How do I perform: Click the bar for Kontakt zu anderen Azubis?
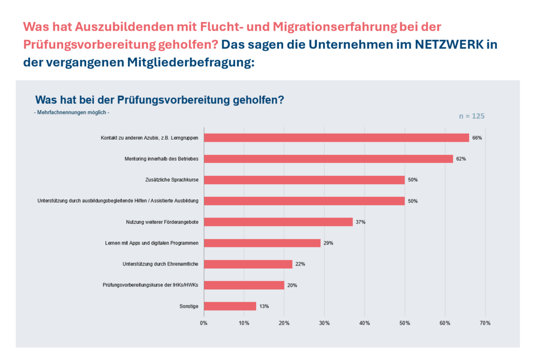point(336,138)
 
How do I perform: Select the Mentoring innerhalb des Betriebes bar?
point(328,159)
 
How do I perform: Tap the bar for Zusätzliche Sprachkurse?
point(304,180)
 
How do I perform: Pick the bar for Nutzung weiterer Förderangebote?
point(278,222)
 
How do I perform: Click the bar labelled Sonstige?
point(230,306)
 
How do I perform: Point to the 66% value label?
point(477,138)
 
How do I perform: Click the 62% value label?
point(461,159)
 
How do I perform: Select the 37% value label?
point(360,222)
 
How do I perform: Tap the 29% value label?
point(328,243)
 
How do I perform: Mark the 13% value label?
point(264,306)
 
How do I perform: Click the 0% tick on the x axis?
point(204,323)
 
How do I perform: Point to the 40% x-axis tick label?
point(365,323)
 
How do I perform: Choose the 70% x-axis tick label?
point(485,323)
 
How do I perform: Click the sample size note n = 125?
point(471,116)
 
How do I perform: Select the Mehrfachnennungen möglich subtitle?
point(71,112)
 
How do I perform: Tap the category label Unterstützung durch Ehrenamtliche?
point(160,264)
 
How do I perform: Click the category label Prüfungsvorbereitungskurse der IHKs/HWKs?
point(152,285)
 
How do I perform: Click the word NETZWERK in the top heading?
point(449,45)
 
